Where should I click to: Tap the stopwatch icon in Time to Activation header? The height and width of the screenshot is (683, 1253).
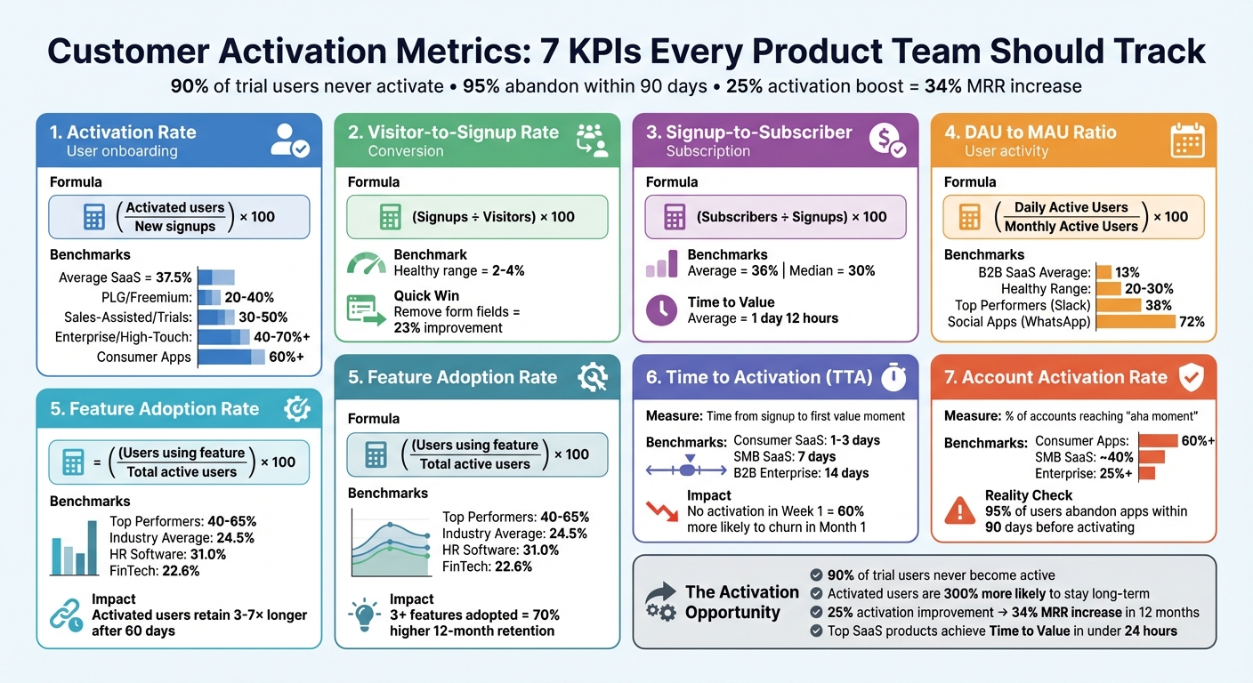[893, 377]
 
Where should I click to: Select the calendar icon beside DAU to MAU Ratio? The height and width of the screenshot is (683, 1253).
[1186, 141]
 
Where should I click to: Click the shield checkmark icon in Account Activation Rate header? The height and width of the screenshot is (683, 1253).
[1190, 377]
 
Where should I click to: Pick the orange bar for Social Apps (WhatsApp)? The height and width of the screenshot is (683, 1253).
[1136, 322]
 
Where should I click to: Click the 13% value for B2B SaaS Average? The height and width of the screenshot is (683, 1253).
[1128, 272]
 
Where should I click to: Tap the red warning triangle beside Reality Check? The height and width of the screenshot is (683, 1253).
[959, 510]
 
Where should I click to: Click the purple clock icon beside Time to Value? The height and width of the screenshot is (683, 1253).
[661, 309]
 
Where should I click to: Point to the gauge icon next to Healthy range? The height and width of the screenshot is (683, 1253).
[365, 263]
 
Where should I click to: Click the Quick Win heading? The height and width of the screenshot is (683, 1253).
[426, 295]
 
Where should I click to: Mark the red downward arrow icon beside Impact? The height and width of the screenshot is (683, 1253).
[660, 512]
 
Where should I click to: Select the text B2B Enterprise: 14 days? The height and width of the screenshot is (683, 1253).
[801, 473]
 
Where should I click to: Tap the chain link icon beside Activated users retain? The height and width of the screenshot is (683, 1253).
[66, 615]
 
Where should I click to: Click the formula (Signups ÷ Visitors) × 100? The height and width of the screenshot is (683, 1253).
[493, 217]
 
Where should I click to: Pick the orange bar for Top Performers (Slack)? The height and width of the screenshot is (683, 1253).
[1119, 305]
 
